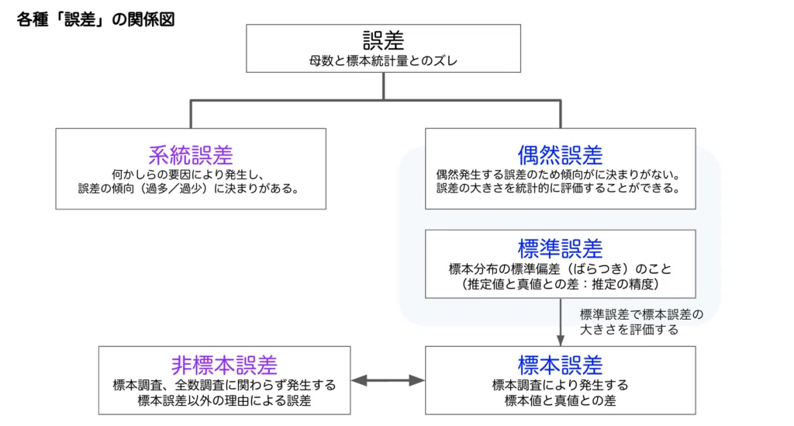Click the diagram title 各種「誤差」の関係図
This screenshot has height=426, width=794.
point(95,19)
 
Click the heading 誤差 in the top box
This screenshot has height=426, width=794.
point(383,40)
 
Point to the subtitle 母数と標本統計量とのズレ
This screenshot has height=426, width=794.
point(383,61)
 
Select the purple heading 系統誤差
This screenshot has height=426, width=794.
point(191,155)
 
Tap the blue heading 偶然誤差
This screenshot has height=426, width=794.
point(560,155)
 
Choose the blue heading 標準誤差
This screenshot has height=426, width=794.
point(560,249)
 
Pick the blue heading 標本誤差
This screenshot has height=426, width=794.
point(560,365)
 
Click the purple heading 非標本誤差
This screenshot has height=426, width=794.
point(224,365)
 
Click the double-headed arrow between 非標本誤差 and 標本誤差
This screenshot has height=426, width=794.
point(388,380)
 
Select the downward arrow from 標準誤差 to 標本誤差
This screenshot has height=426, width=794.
point(561,322)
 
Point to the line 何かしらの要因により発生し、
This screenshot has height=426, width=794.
point(188,175)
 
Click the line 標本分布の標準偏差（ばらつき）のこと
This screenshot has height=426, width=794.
point(560,269)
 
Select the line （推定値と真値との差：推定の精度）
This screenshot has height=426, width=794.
point(560,284)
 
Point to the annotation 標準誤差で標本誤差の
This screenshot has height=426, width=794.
point(641,314)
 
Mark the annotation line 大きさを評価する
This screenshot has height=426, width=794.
point(629,330)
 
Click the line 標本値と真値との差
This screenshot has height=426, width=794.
point(560,400)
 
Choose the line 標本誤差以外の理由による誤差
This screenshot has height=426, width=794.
point(224,400)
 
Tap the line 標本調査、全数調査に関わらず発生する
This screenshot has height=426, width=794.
point(224,386)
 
